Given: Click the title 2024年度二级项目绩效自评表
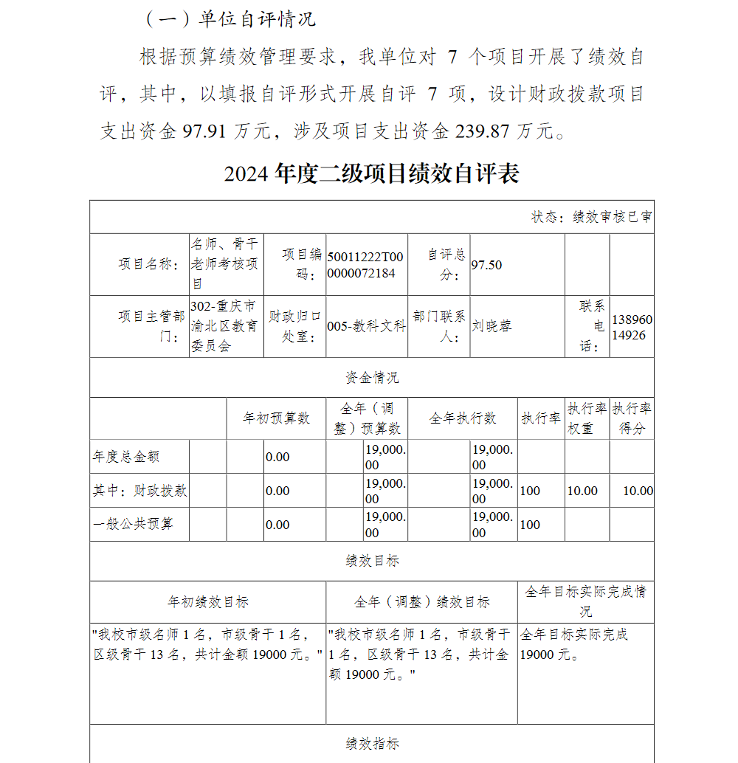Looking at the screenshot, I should pyautogui.click(x=371, y=173).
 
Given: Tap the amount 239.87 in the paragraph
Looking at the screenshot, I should pyautogui.click(x=483, y=132).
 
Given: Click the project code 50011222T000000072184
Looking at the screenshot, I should pyautogui.click(x=365, y=264).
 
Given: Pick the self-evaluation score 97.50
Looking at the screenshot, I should pyautogui.click(x=487, y=265).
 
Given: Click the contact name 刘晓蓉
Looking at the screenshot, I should pyautogui.click(x=492, y=326).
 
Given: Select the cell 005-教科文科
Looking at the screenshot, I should pyautogui.click(x=366, y=326).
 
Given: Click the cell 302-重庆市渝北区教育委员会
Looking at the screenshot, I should pyautogui.click(x=224, y=326).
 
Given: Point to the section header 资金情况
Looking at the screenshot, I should pyautogui.click(x=372, y=378).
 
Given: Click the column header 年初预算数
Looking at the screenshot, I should pyautogui.click(x=276, y=418).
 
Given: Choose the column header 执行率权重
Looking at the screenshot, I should pyautogui.click(x=587, y=418).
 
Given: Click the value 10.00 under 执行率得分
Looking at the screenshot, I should pyautogui.click(x=638, y=491).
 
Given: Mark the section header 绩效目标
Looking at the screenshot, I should pyautogui.click(x=372, y=561).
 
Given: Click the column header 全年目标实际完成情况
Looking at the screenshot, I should pyautogui.click(x=585, y=601).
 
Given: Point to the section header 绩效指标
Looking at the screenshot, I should pyautogui.click(x=372, y=743).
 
